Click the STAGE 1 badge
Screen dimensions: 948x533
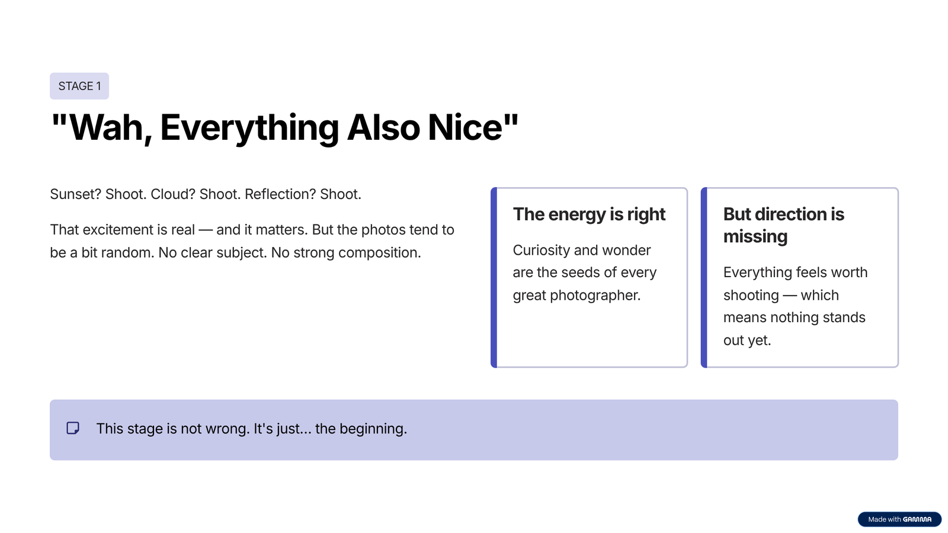tap(79, 86)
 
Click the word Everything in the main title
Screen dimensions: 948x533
tap(249, 128)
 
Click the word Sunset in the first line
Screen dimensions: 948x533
tap(75, 194)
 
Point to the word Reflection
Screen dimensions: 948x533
tap(280, 194)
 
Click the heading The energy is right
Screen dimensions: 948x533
tap(589, 214)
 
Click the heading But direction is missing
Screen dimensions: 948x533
tap(783, 225)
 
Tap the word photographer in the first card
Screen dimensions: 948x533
tap(595, 296)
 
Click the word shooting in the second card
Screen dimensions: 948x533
tap(751, 296)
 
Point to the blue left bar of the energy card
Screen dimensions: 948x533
tap(494, 278)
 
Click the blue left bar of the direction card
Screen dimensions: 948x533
tap(704, 278)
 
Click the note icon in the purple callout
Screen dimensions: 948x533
tap(73, 428)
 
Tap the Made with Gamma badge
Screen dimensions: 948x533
tap(899, 519)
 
